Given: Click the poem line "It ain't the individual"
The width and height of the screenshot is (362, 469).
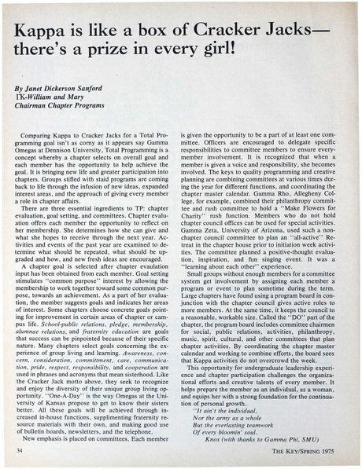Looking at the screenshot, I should click(224, 401).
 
